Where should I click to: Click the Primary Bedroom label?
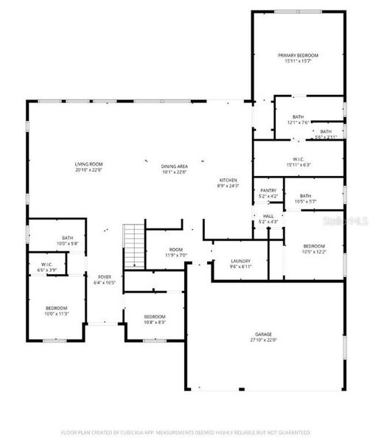tap(298, 55)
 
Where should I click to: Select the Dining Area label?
tap(174, 166)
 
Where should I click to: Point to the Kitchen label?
tap(228, 180)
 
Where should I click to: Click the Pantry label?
tap(268, 190)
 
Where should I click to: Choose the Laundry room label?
tap(240, 260)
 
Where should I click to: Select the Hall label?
tap(268, 215)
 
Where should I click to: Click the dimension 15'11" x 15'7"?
tap(298, 61)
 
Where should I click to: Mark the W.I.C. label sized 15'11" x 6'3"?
tap(298, 158)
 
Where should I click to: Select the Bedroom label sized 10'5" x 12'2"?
tap(313, 245)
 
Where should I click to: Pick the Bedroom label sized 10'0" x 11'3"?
tap(57, 307)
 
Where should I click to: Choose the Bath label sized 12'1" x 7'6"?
tap(298, 116)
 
